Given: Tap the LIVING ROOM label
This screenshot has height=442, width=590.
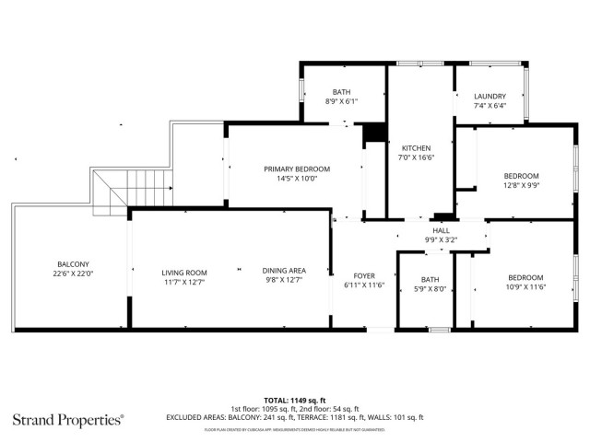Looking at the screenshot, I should tap(184, 273).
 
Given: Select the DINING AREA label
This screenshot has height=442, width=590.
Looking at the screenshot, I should tap(285, 270).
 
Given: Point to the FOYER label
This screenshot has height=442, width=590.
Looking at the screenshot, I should tap(364, 276).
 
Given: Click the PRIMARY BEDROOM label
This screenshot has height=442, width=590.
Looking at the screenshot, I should tap(296, 169).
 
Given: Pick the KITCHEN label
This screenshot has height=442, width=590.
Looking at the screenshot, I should tap(416, 148).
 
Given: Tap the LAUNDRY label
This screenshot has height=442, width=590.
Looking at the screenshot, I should tap(490, 97).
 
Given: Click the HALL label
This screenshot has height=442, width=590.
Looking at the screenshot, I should tap(441, 230).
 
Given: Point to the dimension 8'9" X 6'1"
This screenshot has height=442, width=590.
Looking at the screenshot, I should tap(341, 101).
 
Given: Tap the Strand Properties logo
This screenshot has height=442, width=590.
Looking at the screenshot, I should tap(67, 420).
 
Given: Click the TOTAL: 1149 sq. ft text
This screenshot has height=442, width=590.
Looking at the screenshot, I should tap(294, 400).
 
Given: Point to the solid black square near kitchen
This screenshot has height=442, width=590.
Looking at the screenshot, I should tap(373, 134).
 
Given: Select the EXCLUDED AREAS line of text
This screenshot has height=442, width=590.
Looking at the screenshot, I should tap(294, 417).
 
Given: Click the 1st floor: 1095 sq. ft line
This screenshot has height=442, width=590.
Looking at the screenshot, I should tap(294, 409).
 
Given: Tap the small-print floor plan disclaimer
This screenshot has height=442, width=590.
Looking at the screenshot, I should tap(294, 429).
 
